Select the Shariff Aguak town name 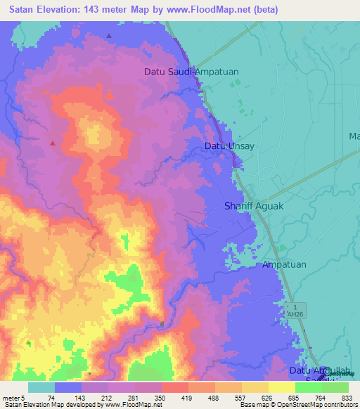(252, 206)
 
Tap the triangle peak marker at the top (109, 35)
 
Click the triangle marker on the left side (53, 143)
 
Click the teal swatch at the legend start (41, 387)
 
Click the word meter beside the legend (12, 398)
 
